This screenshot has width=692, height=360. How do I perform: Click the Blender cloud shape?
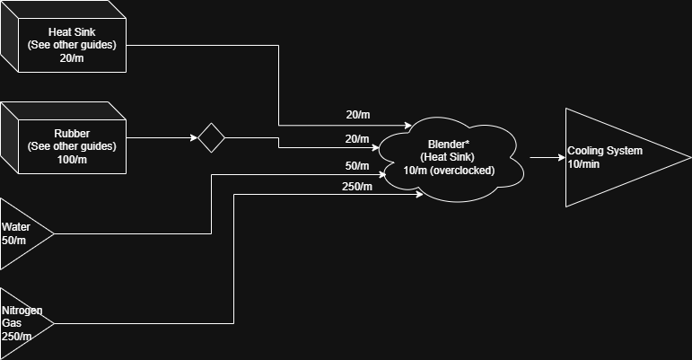tap(449, 157)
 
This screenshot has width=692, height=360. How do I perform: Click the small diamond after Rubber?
tap(211, 138)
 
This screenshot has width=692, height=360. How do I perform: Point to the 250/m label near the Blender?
tap(356, 187)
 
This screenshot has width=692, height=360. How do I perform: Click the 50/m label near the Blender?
tap(356, 166)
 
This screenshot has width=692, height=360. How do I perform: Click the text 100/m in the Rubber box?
tap(71, 160)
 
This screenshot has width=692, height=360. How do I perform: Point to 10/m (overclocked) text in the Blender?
tap(449, 170)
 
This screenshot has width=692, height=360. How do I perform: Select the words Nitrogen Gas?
tap(22, 316)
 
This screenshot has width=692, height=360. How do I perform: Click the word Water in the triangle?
tap(16, 227)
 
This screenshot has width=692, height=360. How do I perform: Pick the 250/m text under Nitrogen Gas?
tap(17, 337)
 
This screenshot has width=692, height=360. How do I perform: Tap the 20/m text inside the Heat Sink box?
tap(71, 58)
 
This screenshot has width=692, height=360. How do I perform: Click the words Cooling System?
tap(605, 151)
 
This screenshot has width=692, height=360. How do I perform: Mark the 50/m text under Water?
tap(15, 241)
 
